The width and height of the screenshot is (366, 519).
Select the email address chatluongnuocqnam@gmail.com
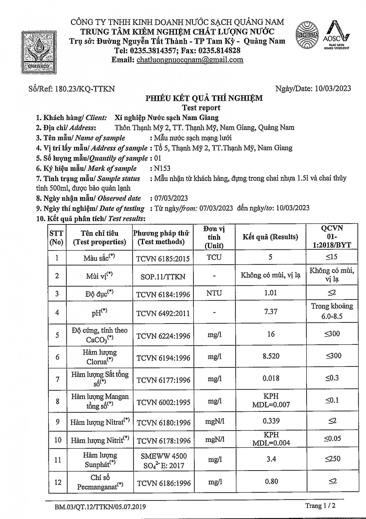tap(190, 60)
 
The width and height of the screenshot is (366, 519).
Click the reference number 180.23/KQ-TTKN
tap(85, 89)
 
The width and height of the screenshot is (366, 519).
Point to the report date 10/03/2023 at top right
tap(333, 88)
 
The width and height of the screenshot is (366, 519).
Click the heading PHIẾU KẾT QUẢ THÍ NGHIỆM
tap(204, 98)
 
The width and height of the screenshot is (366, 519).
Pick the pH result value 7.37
tap(271, 311)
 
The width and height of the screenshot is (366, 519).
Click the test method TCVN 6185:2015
tap(163, 258)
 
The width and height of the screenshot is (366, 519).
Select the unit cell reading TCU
tap(214, 257)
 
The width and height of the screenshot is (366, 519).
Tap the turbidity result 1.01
tap(270, 293)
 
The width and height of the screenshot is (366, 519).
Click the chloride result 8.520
tap(271, 356)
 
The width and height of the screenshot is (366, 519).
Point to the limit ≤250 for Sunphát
tap(332, 459)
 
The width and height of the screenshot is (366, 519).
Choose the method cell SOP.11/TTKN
tap(163, 276)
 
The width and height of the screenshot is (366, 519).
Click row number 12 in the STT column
tap(58, 482)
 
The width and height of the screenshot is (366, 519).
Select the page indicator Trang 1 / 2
tap(320, 506)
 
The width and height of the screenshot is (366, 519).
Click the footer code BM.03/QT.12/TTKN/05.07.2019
tap(100, 507)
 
